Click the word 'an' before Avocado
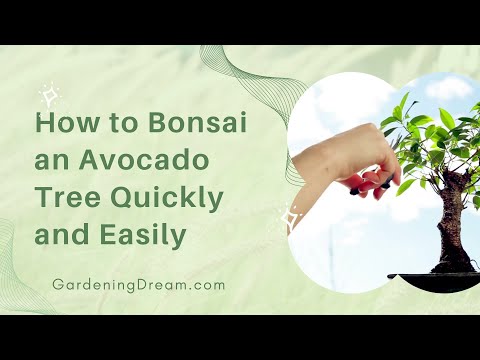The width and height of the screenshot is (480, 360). (x=50, y=164)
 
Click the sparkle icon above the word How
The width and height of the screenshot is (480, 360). (x=48, y=96)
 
